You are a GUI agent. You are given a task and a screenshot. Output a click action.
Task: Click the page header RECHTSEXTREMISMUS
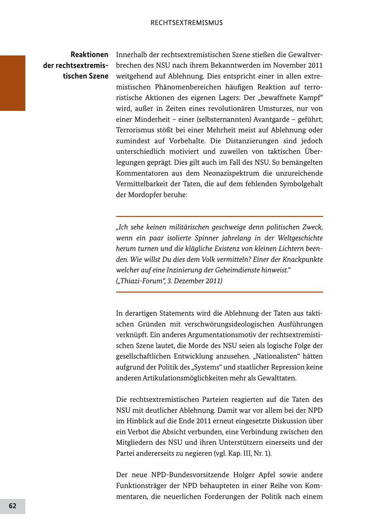pyautogui.click(x=187, y=23)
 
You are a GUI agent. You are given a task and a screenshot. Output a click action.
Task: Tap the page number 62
pyautogui.click(x=12, y=506)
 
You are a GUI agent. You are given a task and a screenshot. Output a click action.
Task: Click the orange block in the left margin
pyautogui.click(x=12, y=83)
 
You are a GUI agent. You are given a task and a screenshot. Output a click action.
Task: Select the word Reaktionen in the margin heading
pyautogui.click(x=89, y=54)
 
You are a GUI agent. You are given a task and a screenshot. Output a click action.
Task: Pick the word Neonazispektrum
pyautogui.click(x=235, y=173)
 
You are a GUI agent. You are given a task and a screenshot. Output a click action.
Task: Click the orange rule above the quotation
pyautogui.click(x=219, y=216)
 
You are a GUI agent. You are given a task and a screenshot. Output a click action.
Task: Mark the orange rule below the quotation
pyautogui.click(x=219, y=292)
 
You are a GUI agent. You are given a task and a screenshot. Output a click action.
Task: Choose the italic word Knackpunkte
pyautogui.click(x=302, y=259)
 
